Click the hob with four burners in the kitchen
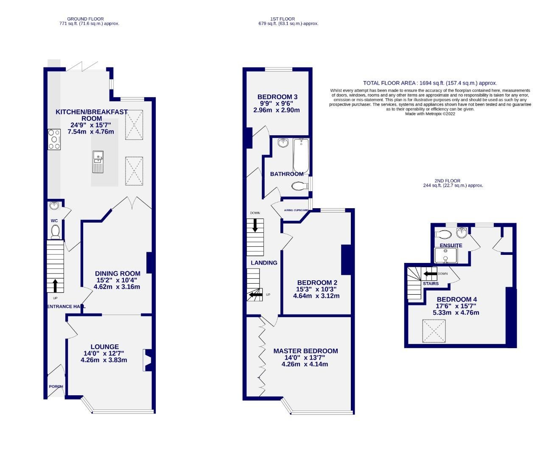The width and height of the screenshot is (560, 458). pos(54,139)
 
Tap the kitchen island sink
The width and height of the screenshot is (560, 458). pos(98,162)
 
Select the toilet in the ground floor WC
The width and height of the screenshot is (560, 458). pos(55,232)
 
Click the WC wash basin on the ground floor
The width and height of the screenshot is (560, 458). pos(55,207)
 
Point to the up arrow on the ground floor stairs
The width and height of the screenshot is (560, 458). pos(55,285)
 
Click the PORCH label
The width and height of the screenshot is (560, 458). pos(56,386)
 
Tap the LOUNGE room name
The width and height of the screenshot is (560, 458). pos(104,346)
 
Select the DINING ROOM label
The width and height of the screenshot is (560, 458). pos(117,274)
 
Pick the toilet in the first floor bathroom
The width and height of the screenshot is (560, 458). pos(300,186)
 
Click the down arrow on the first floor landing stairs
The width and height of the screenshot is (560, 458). pos(255,225)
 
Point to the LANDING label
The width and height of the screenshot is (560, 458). pos(264,263)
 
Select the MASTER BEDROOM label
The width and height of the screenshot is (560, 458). pos(305,351)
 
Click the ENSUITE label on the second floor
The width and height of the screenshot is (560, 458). pos(451,245)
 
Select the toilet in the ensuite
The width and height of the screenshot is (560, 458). pos(444,234)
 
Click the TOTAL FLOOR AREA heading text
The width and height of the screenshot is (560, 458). pos(430,83)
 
